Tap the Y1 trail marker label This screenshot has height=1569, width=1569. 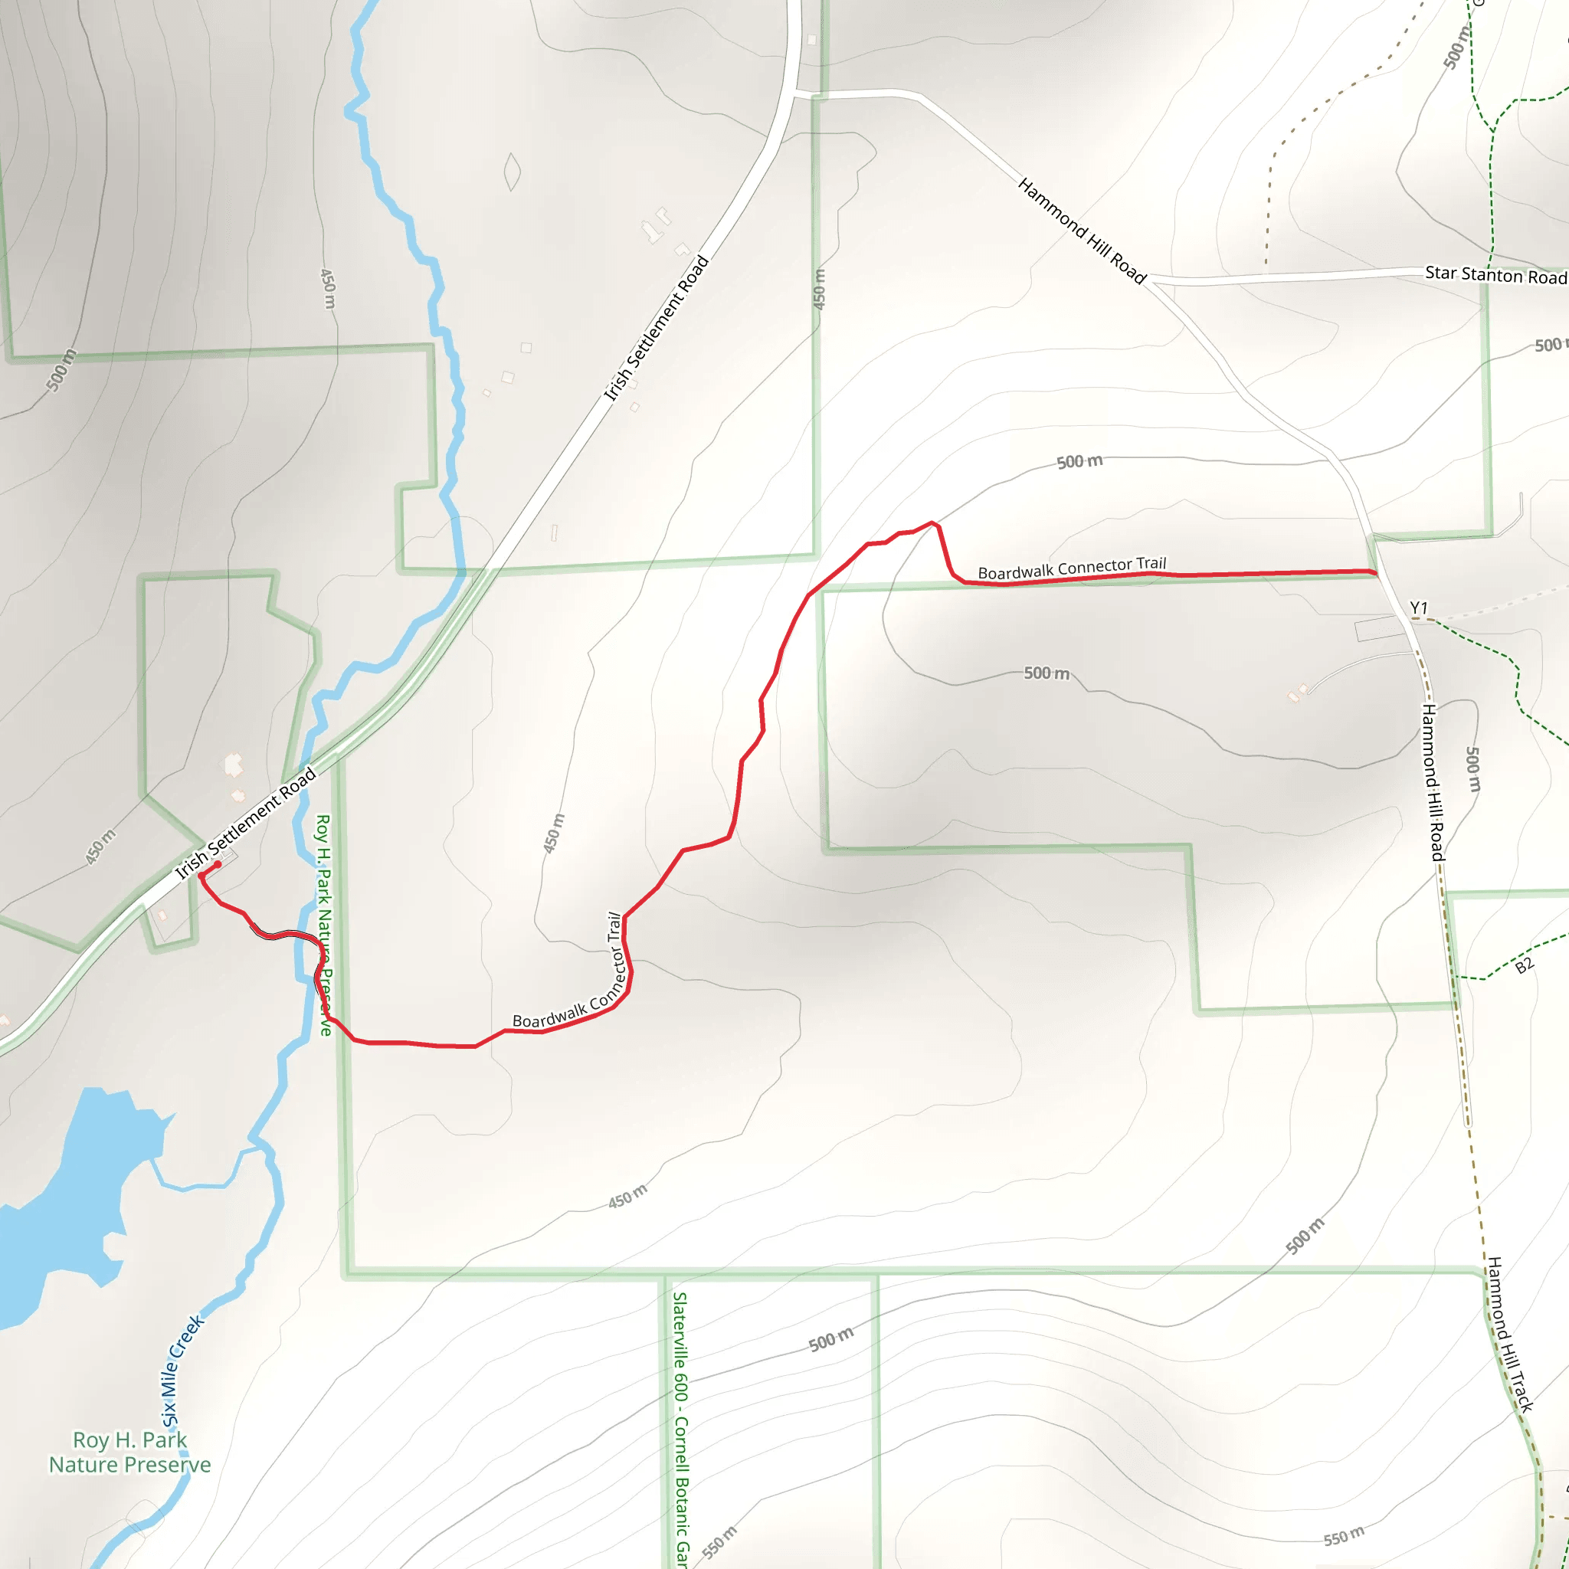pyautogui.click(x=1418, y=608)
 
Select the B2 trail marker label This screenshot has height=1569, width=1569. pyautogui.click(x=1525, y=965)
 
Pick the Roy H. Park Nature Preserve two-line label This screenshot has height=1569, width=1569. pyautogui.click(x=130, y=1452)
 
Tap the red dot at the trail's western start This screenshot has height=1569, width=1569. pyautogui.click(x=218, y=864)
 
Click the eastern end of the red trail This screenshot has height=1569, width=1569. pyautogui.click(x=1375, y=573)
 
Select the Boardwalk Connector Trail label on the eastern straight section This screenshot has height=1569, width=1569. pyautogui.click(x=1071, y=568)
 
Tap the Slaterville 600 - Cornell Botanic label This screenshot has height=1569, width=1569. pyautogui.click(x=680, y=1430)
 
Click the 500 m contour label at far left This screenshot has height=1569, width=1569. pyautogui.click(x=61, y=370)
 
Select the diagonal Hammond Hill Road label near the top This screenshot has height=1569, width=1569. pyautogui.click(x=1081, y=231)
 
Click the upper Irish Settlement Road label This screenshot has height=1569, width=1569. pyautogui.click(x=657, y=328)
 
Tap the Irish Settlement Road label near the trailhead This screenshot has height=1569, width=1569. pyautogui.click(x=245, y=824)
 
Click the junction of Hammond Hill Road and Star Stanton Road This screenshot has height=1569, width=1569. pyautogui.click(x=1149, y=280)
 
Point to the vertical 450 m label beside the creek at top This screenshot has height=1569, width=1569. pyautogui.click(x=328, y=288)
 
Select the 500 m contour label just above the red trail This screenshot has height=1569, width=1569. pyautogui.click(x=1079, y=461)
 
